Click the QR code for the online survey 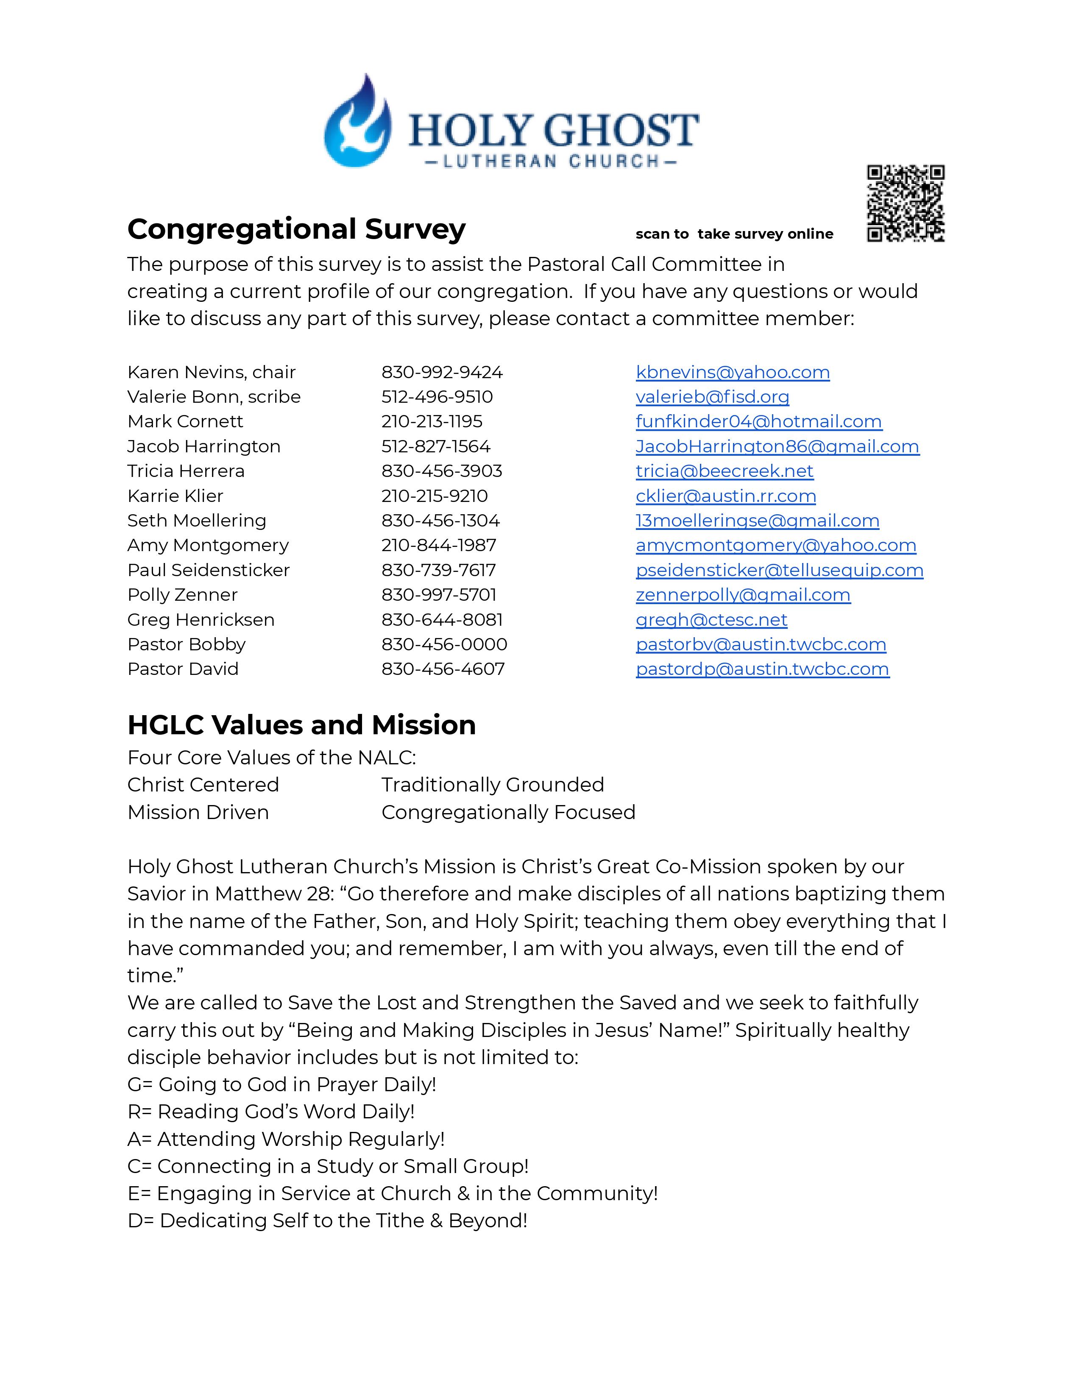click(905, 203)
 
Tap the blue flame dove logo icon click(357, 123)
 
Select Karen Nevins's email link click(732, 372)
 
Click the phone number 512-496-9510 click(437, 397)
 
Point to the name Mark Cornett click(185, 421)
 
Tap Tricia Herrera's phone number click(441, 471)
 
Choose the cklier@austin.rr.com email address click(726, 496)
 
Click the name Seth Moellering click(197, 521)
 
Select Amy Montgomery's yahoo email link click(775, 545)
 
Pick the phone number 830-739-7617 click(438, 570)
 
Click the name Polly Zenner click(183, 595)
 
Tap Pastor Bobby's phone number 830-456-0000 click(444, 644)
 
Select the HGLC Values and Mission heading click(302, 725)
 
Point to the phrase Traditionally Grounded click(493, 785)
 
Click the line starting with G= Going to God click(282, 1084)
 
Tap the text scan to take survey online click(734, 234)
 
